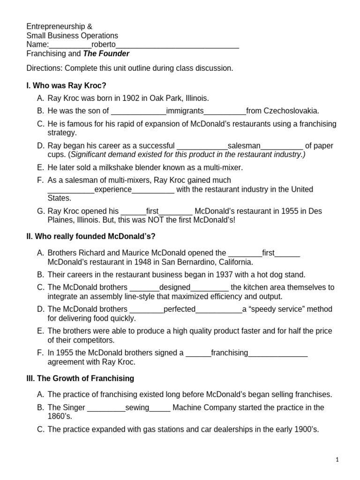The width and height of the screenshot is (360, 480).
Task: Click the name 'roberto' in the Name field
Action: tap(104, 45)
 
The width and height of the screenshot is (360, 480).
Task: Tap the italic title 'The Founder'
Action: tap(106, 53)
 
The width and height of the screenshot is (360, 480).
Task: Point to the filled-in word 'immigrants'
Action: tap(185, 111)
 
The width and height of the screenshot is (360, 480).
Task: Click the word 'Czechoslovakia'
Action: tap(292, 111)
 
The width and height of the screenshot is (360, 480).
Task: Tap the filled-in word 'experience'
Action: tap(113, 189)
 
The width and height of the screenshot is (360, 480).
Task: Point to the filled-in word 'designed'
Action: tap(175, 287)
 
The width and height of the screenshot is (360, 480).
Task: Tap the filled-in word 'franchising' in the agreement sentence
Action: tap(229, 352)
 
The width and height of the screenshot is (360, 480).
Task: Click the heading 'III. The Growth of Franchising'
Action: tap(80, 378)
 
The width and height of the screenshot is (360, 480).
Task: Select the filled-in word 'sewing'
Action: tap(137, 407)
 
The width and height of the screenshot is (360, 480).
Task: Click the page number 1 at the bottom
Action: tap(337, 461)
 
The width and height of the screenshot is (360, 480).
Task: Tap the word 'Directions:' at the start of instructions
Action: tap(45, 68)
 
